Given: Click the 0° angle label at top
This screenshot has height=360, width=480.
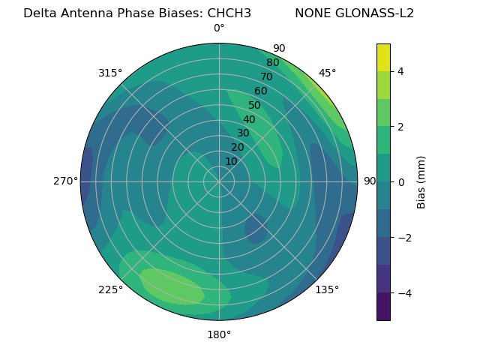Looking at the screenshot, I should coord(219,28).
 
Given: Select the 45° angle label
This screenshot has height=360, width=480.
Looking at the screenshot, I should coord(327,73).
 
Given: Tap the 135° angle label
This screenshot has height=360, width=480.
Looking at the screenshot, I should coord(327,289).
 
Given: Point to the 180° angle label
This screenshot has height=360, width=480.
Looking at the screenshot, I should coord(219,334).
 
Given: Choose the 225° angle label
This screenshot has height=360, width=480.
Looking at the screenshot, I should coord(110,289).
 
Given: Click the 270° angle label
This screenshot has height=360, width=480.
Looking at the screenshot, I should coord(65,181).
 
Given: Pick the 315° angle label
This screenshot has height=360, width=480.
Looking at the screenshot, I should coord(110,73).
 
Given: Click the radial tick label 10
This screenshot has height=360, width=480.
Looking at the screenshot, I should coord(231,161).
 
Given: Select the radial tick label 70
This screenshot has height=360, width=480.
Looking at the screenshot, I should coord(267,76).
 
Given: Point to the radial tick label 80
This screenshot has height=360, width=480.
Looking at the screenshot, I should coord(273,63).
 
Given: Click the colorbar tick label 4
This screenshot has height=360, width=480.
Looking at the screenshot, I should coord(400,71).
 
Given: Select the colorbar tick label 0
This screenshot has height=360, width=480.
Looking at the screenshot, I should coord(400,182).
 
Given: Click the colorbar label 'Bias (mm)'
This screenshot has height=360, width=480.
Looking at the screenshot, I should coord(421,181).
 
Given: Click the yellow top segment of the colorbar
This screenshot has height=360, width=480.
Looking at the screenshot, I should coord(383,57).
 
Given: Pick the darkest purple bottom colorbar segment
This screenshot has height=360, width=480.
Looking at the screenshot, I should coord(383,307).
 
